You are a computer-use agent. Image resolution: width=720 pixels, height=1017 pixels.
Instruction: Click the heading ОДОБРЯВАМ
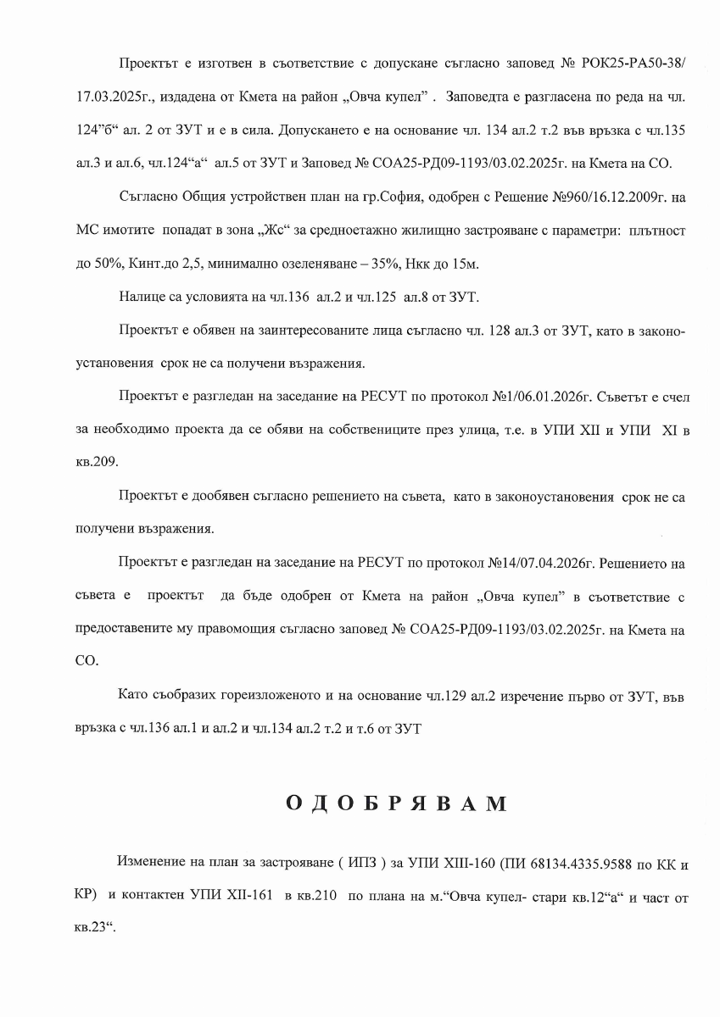(x=396, y=803)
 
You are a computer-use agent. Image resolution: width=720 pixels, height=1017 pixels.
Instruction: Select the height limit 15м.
(x=463, y=264)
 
